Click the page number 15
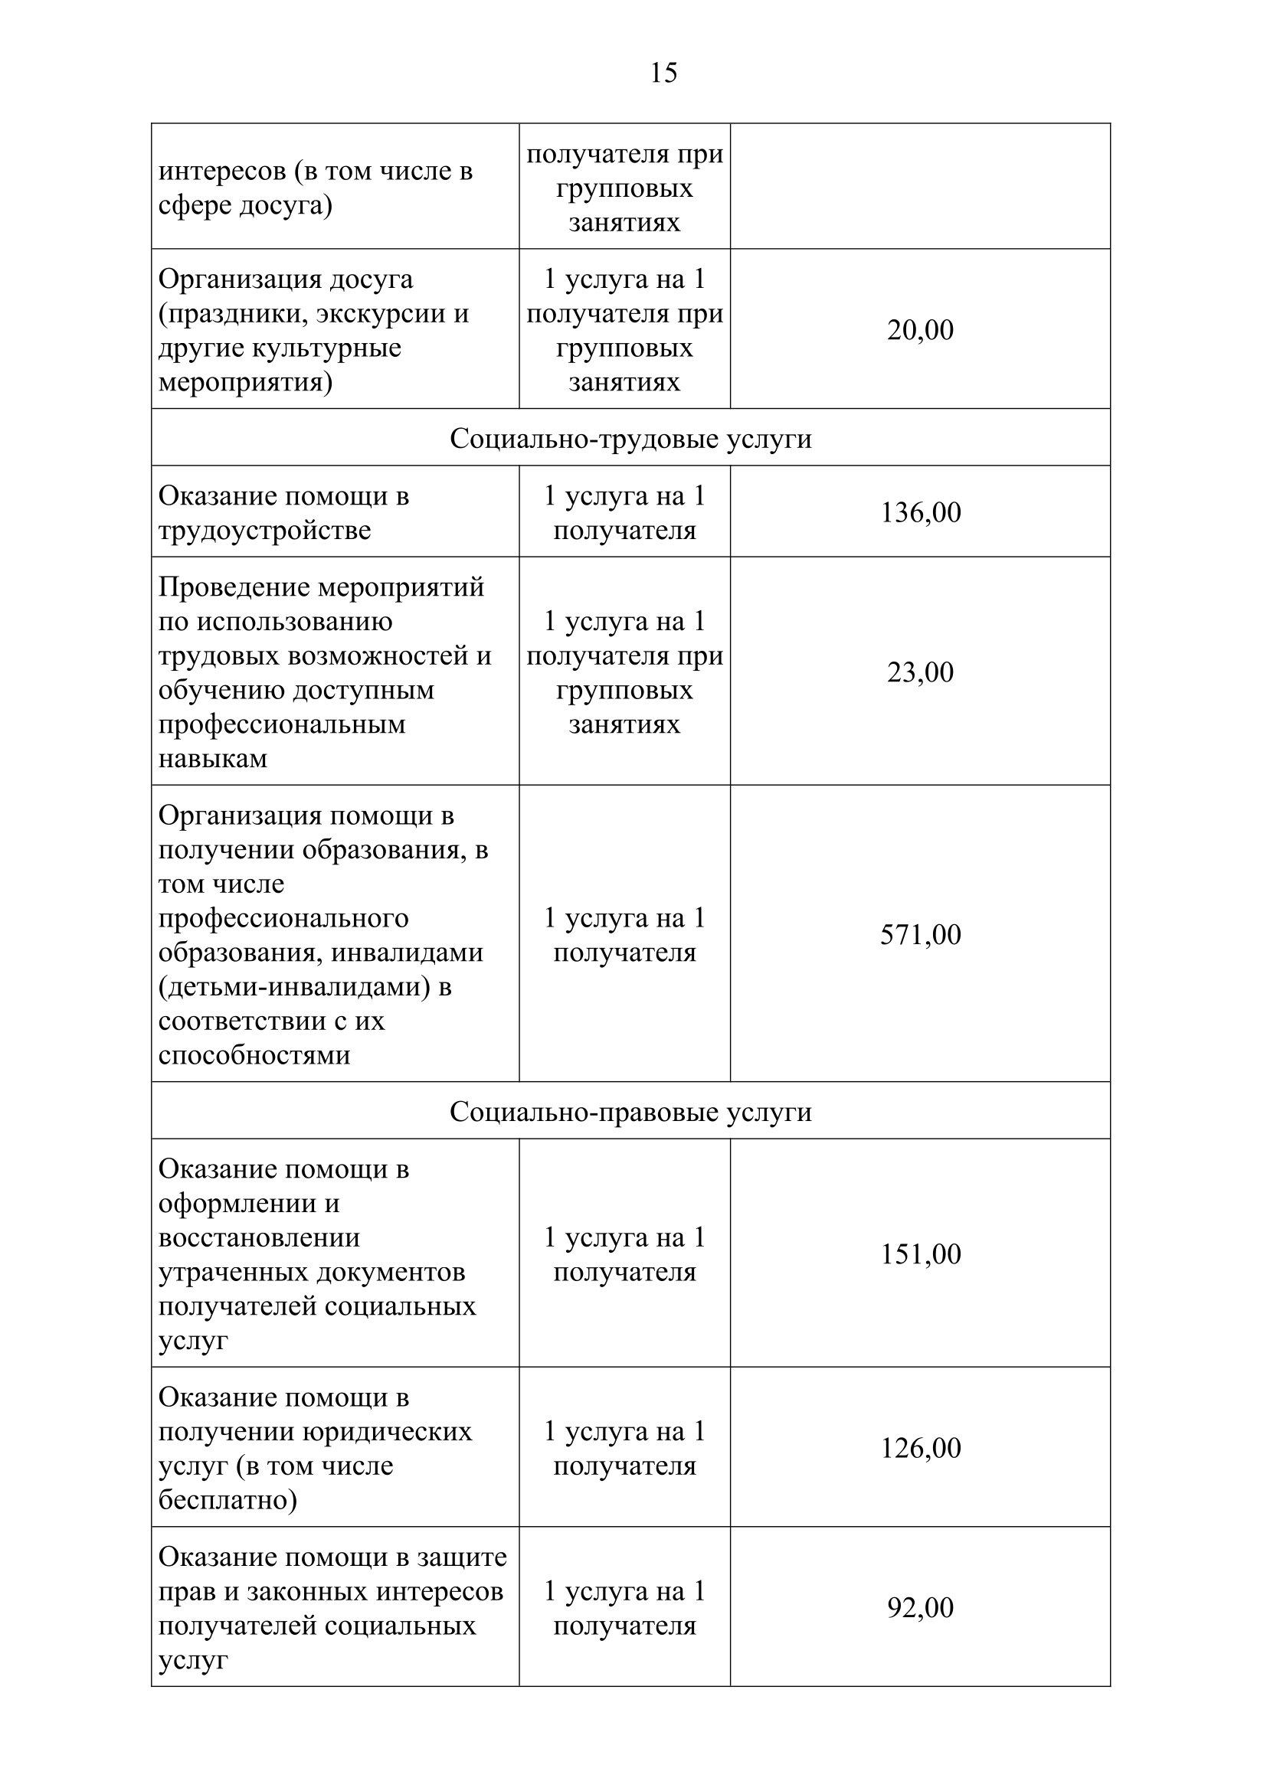pos(663,73)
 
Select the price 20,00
pos(920,330)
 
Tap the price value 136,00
pos(921,512)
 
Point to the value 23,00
pos(920,672)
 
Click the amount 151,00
pos(921,1253)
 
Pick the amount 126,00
pos(921,1448)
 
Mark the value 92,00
pos(920,1608)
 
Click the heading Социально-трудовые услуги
pos(630,439)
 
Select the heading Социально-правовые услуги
pos(630,1112)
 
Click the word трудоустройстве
pos(264,531)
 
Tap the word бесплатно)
pos(228,1499)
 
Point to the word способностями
pos(254,1054)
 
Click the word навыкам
pos(213,758)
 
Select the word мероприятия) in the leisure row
pos(246,382)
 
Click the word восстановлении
pos(259,1237)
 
